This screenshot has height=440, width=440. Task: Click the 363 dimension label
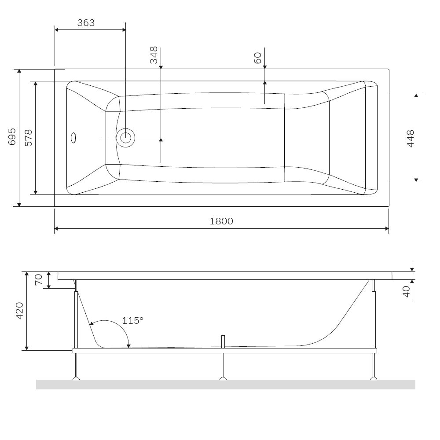click(86, 23)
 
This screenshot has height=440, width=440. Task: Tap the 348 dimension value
click(154, 55)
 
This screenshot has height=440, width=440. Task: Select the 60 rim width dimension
click(257, 58)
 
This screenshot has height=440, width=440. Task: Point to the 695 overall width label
click(12, 137)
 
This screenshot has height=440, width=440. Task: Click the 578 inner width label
click(29, 138)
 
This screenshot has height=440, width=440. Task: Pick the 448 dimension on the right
click(410, 138)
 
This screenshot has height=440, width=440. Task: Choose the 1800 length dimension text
click(221, 221)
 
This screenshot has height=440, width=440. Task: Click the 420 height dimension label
click(20, 311)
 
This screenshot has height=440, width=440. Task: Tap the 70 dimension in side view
click(38, 280)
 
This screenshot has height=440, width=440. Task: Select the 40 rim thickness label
click(406, 292)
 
